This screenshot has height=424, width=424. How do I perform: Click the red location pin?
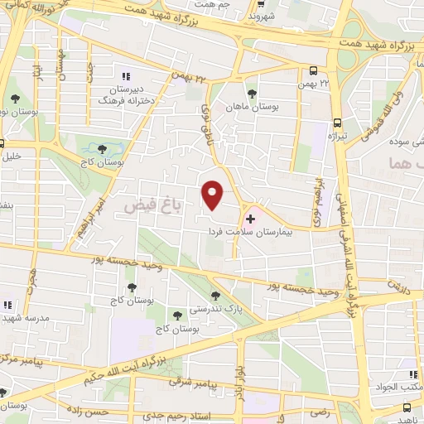click(213, 195)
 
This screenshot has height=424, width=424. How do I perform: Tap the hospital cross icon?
click(250, 218)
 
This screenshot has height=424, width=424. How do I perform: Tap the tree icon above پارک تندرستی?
click(215, 295)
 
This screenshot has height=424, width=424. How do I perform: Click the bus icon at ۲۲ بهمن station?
click(313, 71)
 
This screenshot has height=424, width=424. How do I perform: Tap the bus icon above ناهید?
click(407, 407)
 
